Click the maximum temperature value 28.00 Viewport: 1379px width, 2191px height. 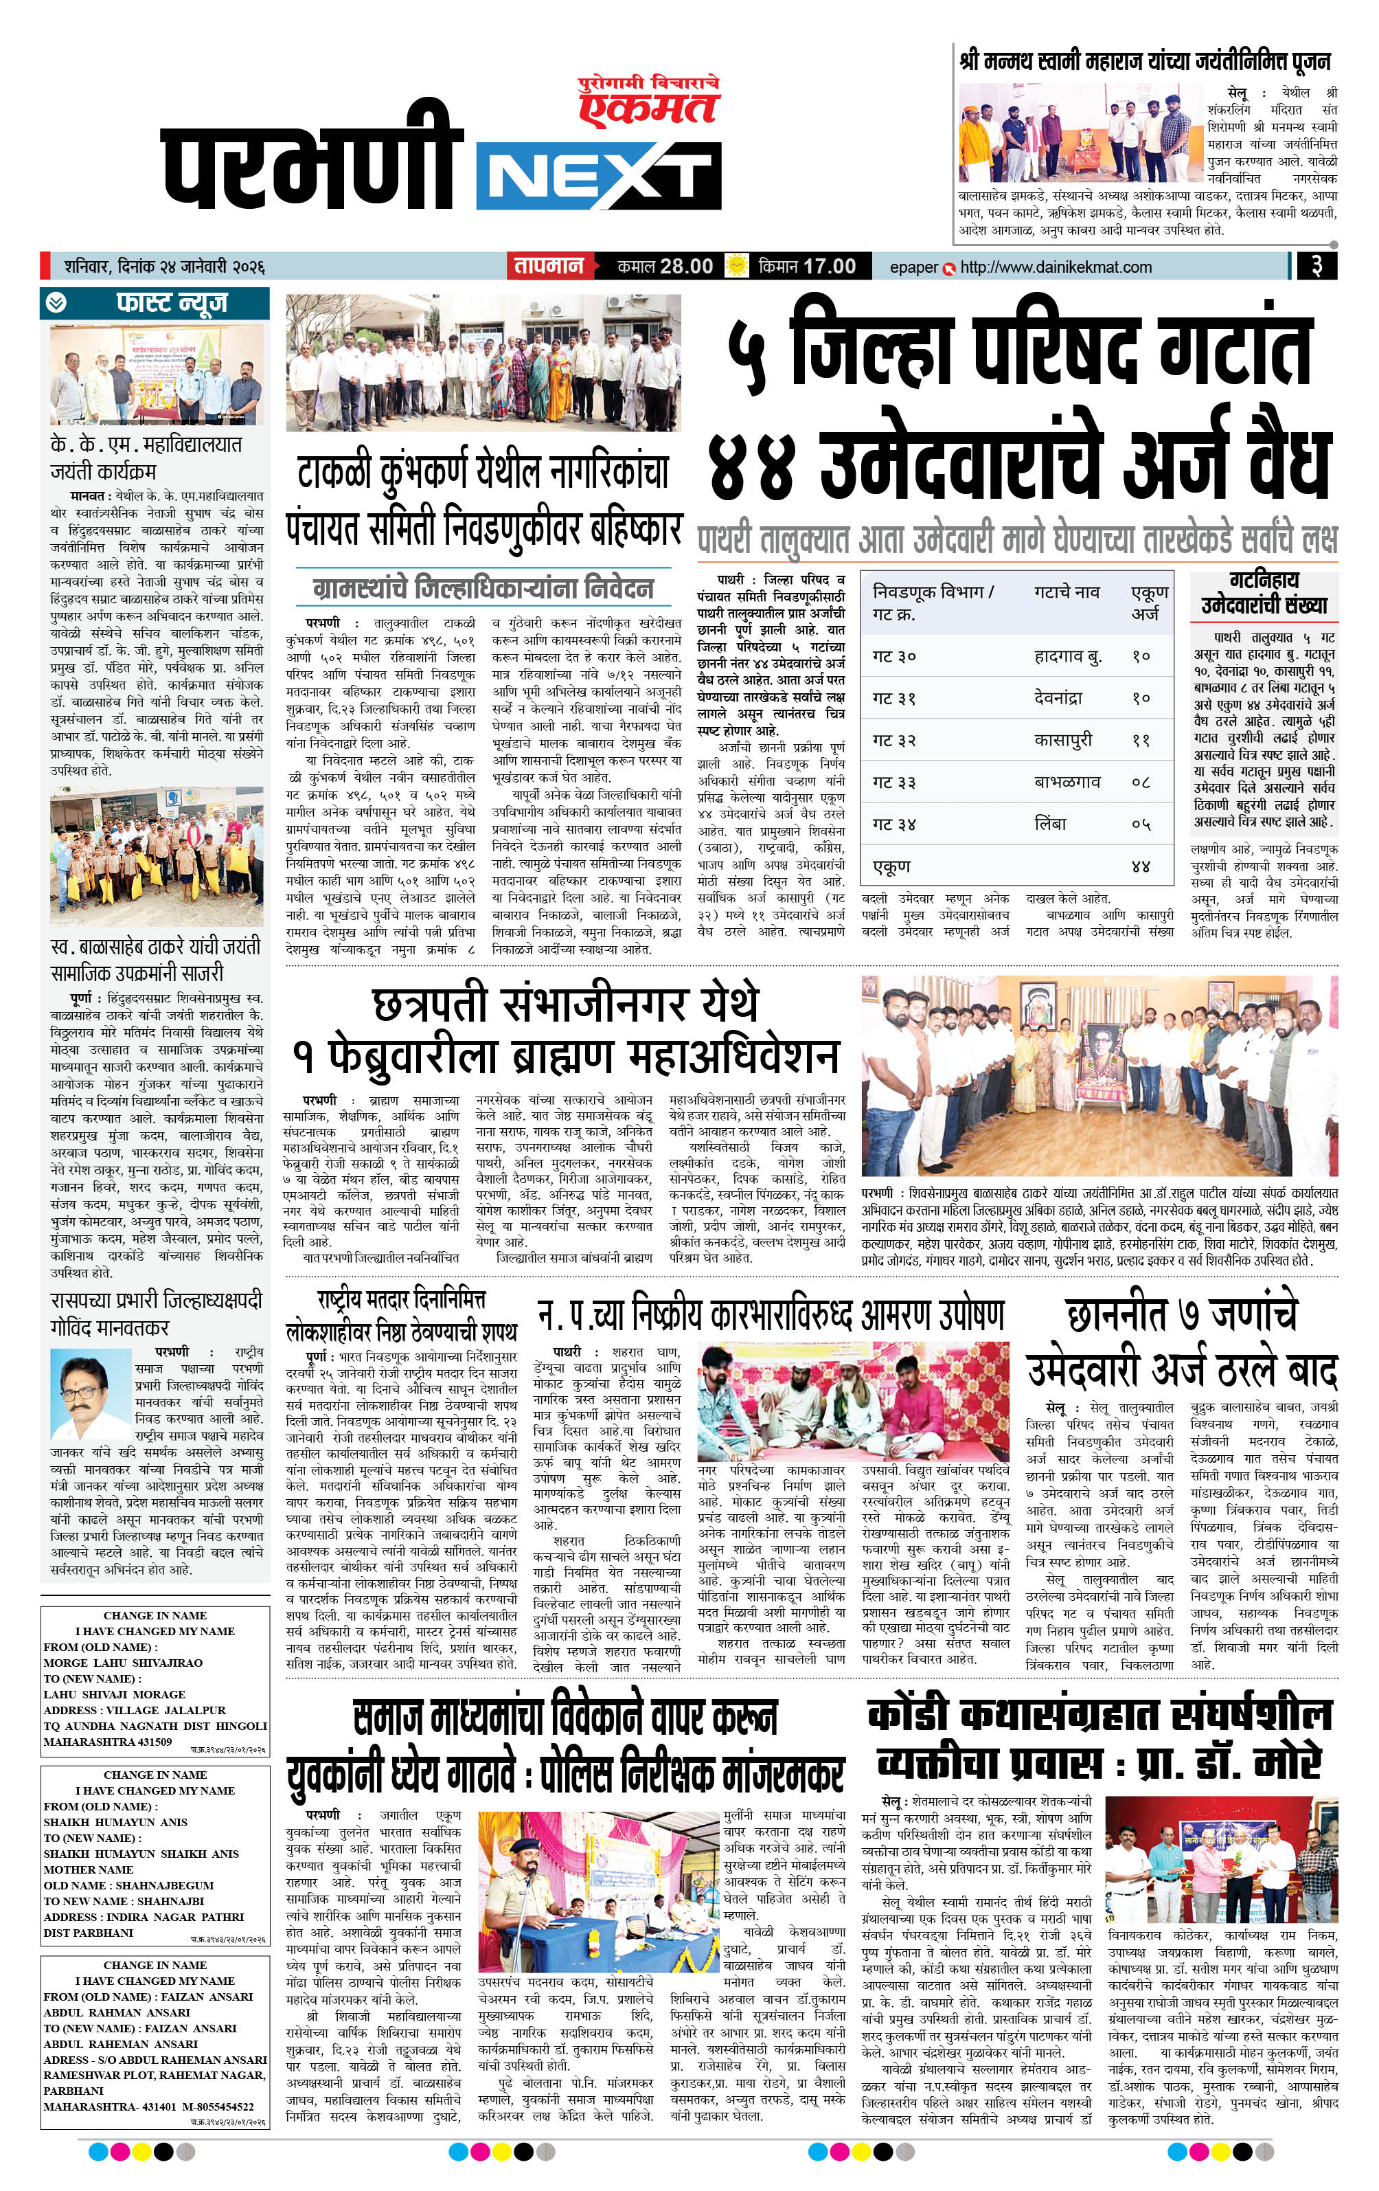(686, 267)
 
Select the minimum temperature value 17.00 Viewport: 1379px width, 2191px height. (829, 267)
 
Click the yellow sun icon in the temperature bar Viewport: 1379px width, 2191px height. (735, 266)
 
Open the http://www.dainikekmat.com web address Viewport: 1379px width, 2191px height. (1055, 267)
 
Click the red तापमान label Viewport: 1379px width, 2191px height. (549, 267)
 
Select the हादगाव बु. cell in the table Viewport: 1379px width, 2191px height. (1067, 656)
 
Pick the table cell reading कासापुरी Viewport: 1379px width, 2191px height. (1062, 740)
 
